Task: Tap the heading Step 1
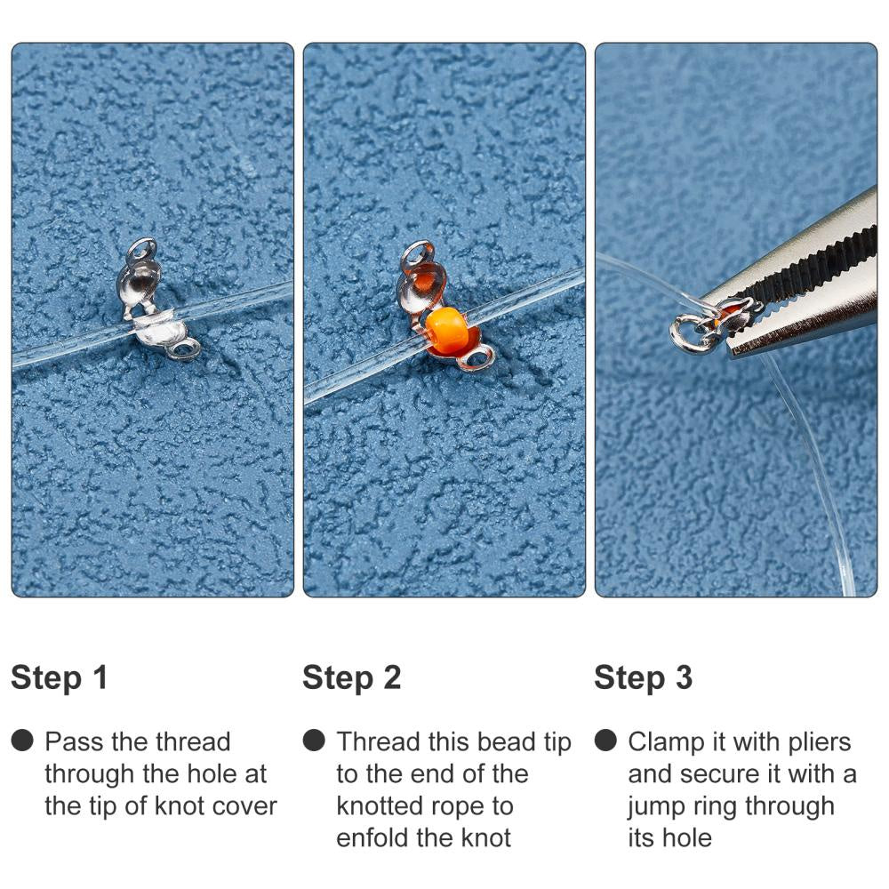60,678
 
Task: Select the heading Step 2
351,678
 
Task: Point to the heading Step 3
643,678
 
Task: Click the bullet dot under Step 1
22,741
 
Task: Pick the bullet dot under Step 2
314,741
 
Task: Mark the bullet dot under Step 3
605,741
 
